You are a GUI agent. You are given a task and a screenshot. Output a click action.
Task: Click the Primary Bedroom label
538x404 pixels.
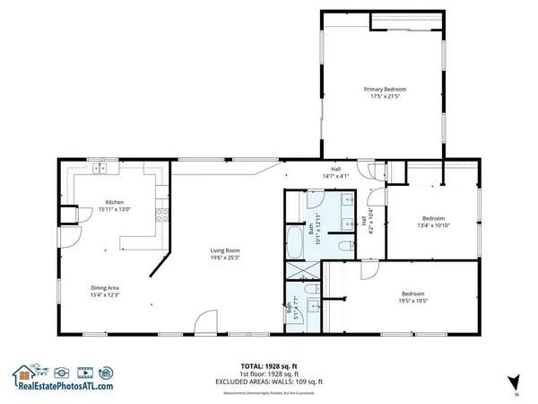(385, 90)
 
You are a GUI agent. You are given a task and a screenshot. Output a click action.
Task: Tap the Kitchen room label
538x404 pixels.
(114, 203)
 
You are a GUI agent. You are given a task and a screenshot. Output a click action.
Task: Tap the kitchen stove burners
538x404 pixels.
(161, 215)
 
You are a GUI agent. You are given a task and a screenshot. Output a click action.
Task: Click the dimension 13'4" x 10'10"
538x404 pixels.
(435, 225)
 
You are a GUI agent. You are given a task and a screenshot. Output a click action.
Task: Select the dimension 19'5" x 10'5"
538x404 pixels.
(412, 300)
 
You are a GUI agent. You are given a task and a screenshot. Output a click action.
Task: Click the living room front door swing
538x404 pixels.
(207, 321)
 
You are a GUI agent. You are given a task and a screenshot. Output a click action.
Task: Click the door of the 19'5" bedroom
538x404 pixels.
(368, 269)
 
